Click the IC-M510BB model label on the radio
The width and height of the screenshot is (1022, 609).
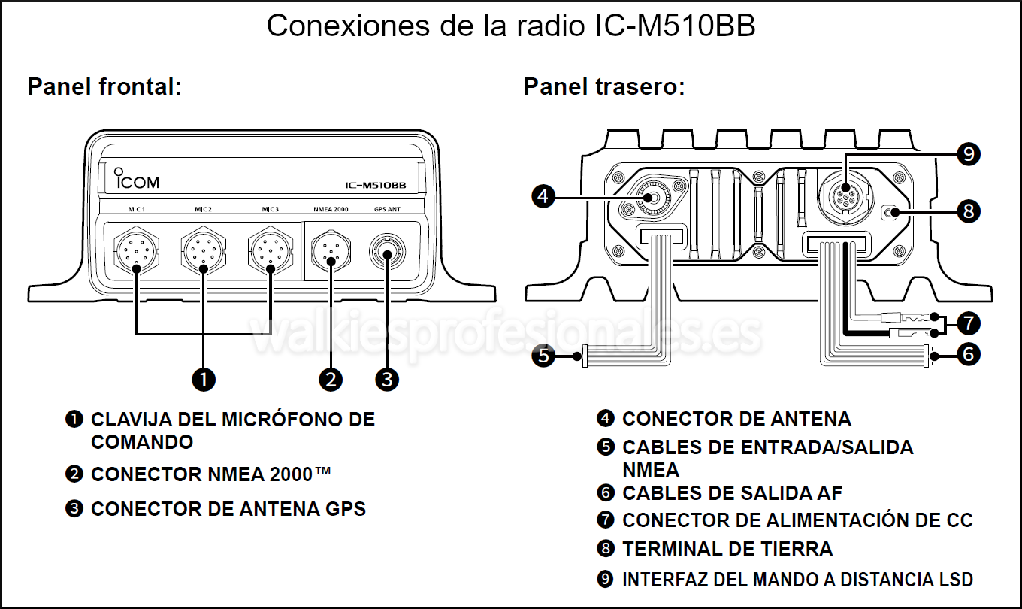[376, 185]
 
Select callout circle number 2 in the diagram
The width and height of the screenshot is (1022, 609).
[331, 380]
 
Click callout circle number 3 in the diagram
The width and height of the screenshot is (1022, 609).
[387, 380]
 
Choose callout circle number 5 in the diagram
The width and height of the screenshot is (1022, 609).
[543, 354]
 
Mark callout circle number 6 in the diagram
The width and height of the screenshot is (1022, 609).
[969, 353]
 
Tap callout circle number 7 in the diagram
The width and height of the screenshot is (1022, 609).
[969, 323]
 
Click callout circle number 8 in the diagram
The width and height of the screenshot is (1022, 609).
[969, 211]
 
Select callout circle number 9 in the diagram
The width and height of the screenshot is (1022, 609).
[969, 154]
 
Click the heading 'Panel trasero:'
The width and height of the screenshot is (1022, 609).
[603, 87]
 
